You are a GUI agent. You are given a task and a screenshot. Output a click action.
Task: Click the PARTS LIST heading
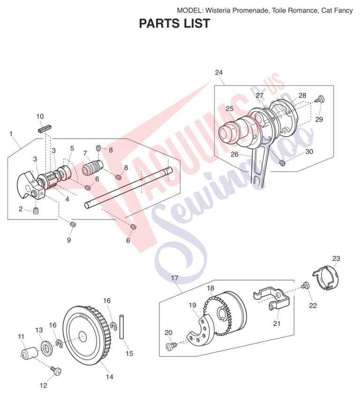(174, 23)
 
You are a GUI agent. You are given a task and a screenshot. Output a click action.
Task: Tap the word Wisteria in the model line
(218, 10)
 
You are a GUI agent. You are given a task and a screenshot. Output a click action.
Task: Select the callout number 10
(40, 116)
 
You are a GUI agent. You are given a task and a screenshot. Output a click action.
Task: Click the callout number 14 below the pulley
(110, 377)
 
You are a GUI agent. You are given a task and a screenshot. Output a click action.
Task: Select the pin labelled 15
(122, 327)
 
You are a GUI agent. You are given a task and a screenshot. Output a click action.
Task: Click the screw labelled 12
(56, 370)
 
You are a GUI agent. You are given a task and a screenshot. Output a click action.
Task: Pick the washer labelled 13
(46, 349)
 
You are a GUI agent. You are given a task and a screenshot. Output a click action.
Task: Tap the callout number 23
(336, 258)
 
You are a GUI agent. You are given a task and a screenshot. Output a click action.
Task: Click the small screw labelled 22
(305, 285)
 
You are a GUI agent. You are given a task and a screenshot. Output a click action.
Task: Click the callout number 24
(219, 73)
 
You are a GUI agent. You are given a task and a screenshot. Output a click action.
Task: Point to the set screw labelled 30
(282, 163)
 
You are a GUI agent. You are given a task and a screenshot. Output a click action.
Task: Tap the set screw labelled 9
(73, 224)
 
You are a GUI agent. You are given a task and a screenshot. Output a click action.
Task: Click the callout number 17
(174, 278)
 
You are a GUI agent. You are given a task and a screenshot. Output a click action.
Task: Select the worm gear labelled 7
(93, 167)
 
